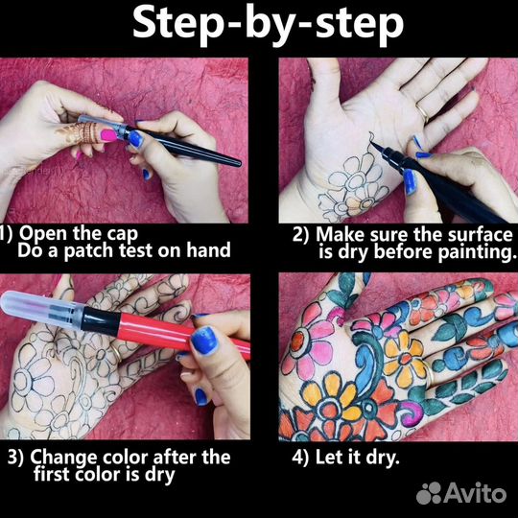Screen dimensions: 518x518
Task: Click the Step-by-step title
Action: (x=268, y=25)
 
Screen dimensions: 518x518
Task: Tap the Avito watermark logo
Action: (x=461, y=493)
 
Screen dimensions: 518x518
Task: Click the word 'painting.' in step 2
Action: (x=477, y=252)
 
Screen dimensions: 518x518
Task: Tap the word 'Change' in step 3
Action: (x=64, y=458)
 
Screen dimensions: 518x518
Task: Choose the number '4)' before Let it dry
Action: (x=300, y=458)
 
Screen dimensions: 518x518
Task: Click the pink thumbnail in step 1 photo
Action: (x=108, y=135)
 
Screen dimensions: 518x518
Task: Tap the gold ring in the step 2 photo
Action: (x=422, y=111)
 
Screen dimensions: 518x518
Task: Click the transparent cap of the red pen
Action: (x=41, y=311)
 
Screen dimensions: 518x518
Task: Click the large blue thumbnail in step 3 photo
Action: (x=204, y=341)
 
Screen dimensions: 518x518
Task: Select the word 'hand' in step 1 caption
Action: (x=208, y=250)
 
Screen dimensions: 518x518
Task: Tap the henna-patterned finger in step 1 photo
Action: (x=83, y=132)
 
